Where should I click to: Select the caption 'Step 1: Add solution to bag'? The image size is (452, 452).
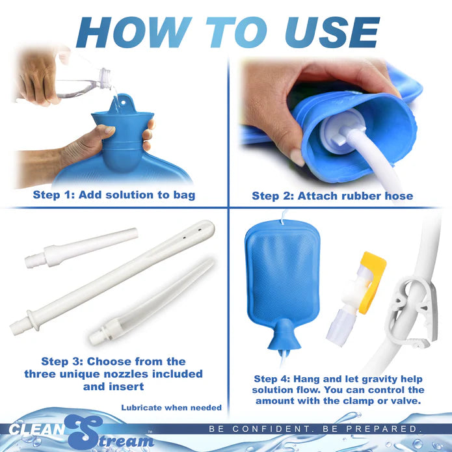pos(114,194)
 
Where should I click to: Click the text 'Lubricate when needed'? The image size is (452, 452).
pos(171,408)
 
